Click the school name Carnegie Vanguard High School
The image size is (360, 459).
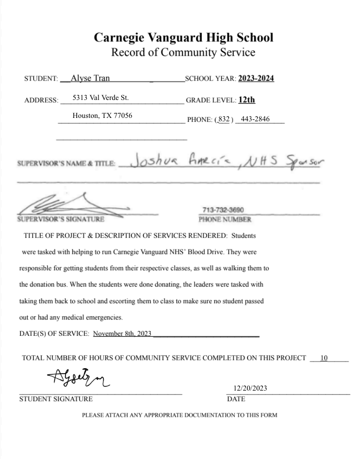point(183,37)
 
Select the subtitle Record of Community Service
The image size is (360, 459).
point(183,52)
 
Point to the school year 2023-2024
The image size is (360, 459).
point(256,78)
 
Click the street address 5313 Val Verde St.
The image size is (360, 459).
point(100,98)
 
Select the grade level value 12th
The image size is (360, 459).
point(247,100)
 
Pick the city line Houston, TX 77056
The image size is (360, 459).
point(102,116)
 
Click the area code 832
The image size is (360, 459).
point(224,119)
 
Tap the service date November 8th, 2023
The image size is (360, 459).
point(122,333)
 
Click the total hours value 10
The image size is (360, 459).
point(324,358)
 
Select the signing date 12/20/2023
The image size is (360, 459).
point(250,388)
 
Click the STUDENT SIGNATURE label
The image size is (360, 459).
point(56,399)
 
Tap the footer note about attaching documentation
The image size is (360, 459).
point(180,415)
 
